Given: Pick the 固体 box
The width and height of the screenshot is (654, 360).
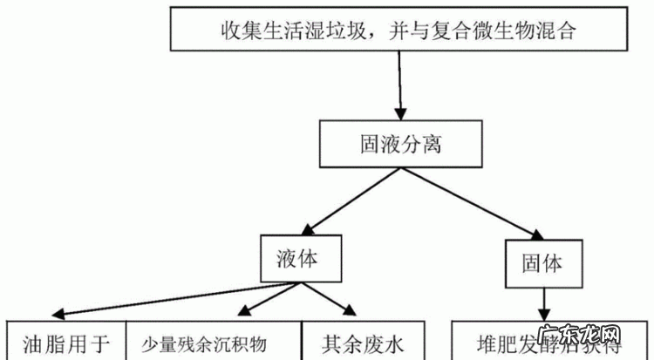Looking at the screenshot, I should point(542,262).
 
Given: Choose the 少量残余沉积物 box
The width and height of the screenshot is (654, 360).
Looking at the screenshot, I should point(215,341).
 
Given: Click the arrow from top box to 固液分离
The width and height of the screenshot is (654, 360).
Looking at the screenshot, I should point(400,87).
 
